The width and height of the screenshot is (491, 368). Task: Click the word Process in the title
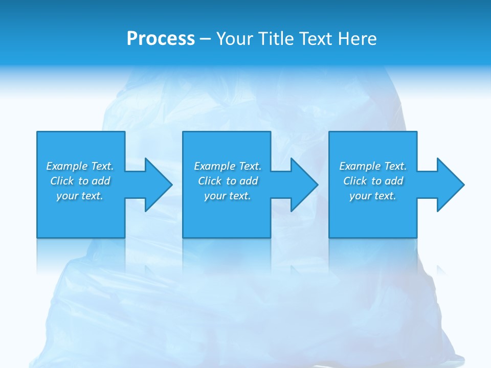[161, 39]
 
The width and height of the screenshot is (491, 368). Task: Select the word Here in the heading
[358, 39]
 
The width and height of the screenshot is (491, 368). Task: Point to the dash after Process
[205, 39]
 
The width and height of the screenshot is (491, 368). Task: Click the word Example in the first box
[66, 166]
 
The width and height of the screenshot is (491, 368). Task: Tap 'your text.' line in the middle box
[227, 196]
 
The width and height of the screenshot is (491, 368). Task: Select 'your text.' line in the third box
[372, 196]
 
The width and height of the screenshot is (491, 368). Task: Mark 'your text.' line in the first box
[79, 196]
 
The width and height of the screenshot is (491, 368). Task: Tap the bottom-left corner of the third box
[330, 237]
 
